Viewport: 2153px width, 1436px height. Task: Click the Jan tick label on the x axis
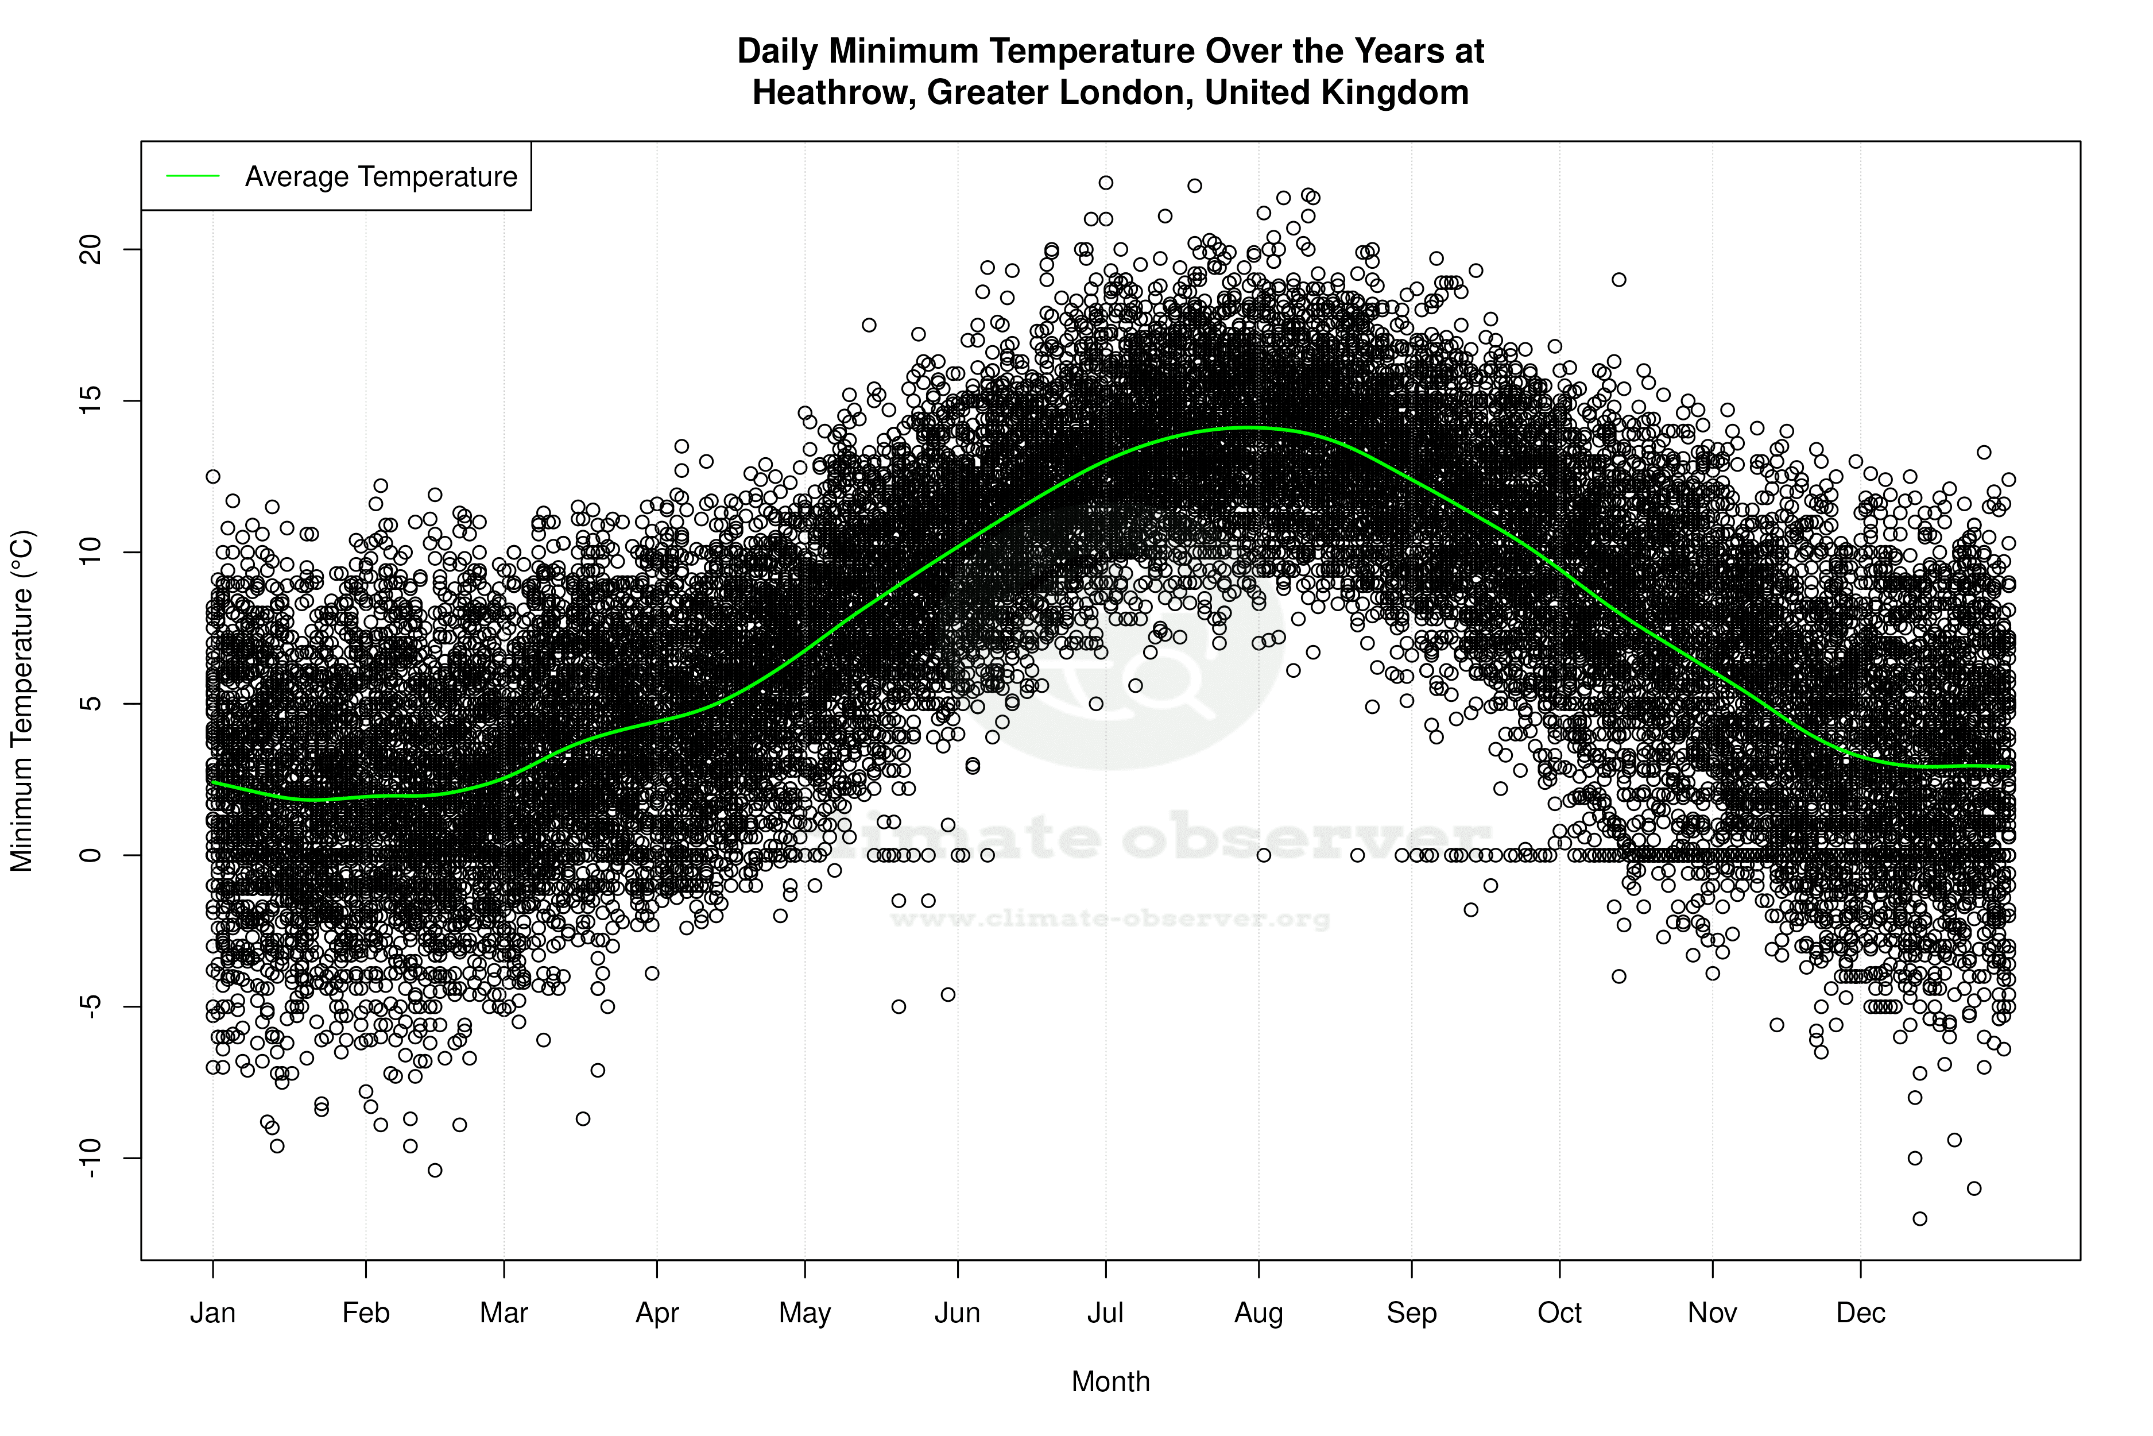(212, 1313)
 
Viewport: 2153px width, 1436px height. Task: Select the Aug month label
(1259, 1313)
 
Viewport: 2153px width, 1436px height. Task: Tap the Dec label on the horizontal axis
(1861, 1313)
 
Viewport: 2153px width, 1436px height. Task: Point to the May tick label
(804, 1313)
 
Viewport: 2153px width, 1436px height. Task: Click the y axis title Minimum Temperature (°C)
(22, 701)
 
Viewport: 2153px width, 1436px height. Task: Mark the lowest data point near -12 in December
(1919, 1219)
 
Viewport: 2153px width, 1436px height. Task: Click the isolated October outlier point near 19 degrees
(1619, 279)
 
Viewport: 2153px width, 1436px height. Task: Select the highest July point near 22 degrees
(1106, 183)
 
